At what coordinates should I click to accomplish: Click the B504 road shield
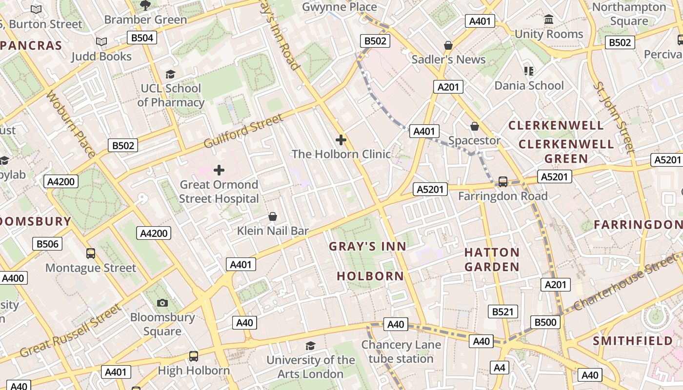[x=142, y=38]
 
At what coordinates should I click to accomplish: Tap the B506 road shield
[x=47, y=244]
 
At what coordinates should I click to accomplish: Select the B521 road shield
[x=503, y=312]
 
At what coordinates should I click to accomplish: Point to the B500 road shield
[x=545, y=322]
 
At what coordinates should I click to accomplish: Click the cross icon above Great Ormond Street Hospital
[x=219, y=170]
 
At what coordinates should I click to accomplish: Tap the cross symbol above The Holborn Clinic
[x=341, y=140]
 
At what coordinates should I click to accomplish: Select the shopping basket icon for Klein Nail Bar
[x=273, y=216]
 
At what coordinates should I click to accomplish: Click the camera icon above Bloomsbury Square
[x=162, y=303]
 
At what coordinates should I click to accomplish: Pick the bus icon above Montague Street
[x=91, y=253]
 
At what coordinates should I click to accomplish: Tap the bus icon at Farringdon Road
[x=502, y=182]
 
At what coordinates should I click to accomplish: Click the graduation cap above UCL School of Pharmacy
[x=170, y=74]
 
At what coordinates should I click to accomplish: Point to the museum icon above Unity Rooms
[x=549, y=19]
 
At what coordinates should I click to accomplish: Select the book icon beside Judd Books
[x=101, y=42]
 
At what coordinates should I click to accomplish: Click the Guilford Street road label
[x=243, y=131]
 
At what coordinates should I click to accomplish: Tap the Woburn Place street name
[x=71, y=124]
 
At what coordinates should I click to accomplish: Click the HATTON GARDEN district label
[x=492, y=259]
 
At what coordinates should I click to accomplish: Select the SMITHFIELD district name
[x=633, y=341]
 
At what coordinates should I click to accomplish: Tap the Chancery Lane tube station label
[x=401, y=351]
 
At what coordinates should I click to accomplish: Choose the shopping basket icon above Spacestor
[x=474, y=126]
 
